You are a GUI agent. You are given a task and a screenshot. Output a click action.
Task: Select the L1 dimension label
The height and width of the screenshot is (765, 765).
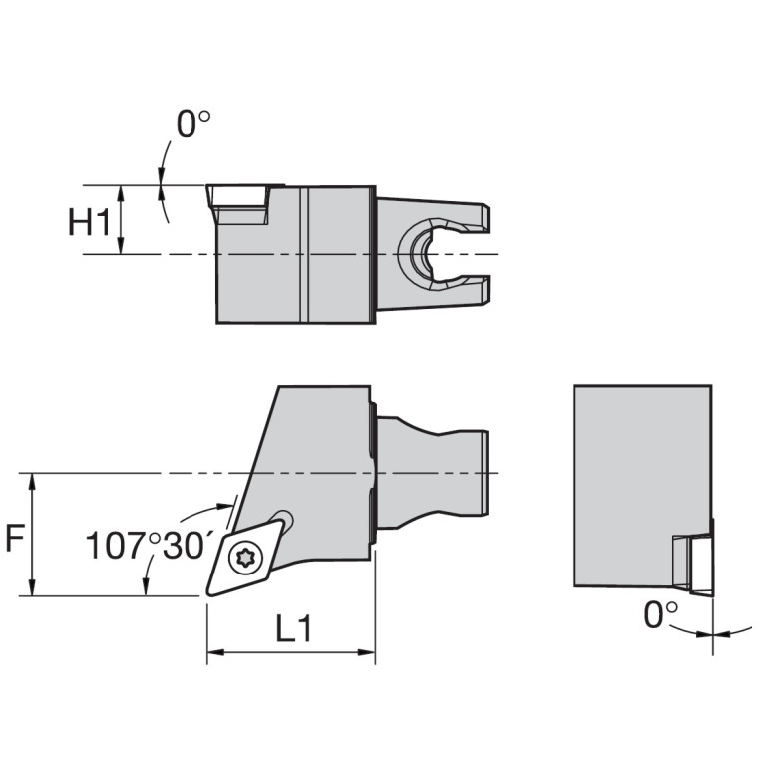pyautogui.click(x=294, y=629)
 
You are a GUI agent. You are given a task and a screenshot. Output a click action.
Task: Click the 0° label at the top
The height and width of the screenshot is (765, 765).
pyautogui.click(x=193, y=125)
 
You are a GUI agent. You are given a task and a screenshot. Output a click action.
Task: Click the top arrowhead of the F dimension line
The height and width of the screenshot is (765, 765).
pyautogui.click(x=34, y=480)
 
